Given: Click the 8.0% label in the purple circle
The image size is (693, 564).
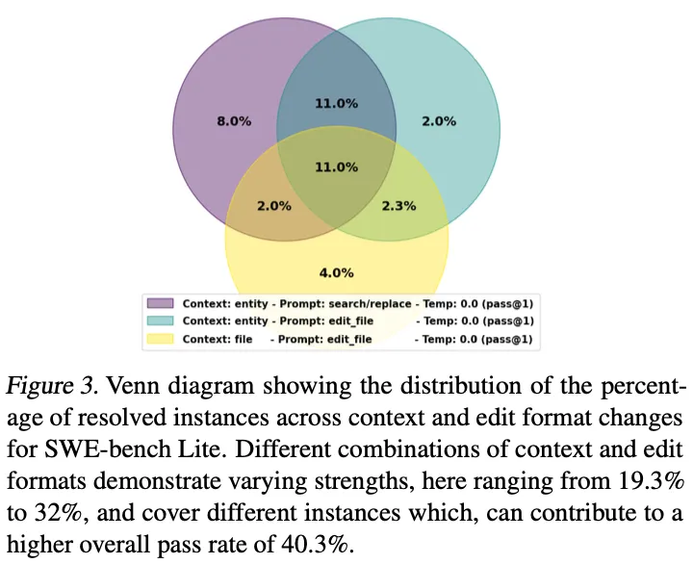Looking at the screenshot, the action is point(234,121).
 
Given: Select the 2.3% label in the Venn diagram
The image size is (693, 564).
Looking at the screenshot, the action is point(399,206).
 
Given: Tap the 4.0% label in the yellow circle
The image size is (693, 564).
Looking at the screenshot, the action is point(336,271).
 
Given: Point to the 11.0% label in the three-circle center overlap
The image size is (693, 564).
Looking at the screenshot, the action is point(336,167).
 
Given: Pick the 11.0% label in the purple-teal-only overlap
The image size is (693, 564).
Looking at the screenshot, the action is point(336,103).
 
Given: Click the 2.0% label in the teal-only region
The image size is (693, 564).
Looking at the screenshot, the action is point(439,121).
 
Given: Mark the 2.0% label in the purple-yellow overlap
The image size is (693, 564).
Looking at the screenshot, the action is point(274,206).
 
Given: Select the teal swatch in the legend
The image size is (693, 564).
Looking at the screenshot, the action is point(159,321).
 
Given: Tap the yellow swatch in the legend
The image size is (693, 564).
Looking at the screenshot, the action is point(159,340).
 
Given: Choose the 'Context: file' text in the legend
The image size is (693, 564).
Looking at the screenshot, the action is point(218,340).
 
